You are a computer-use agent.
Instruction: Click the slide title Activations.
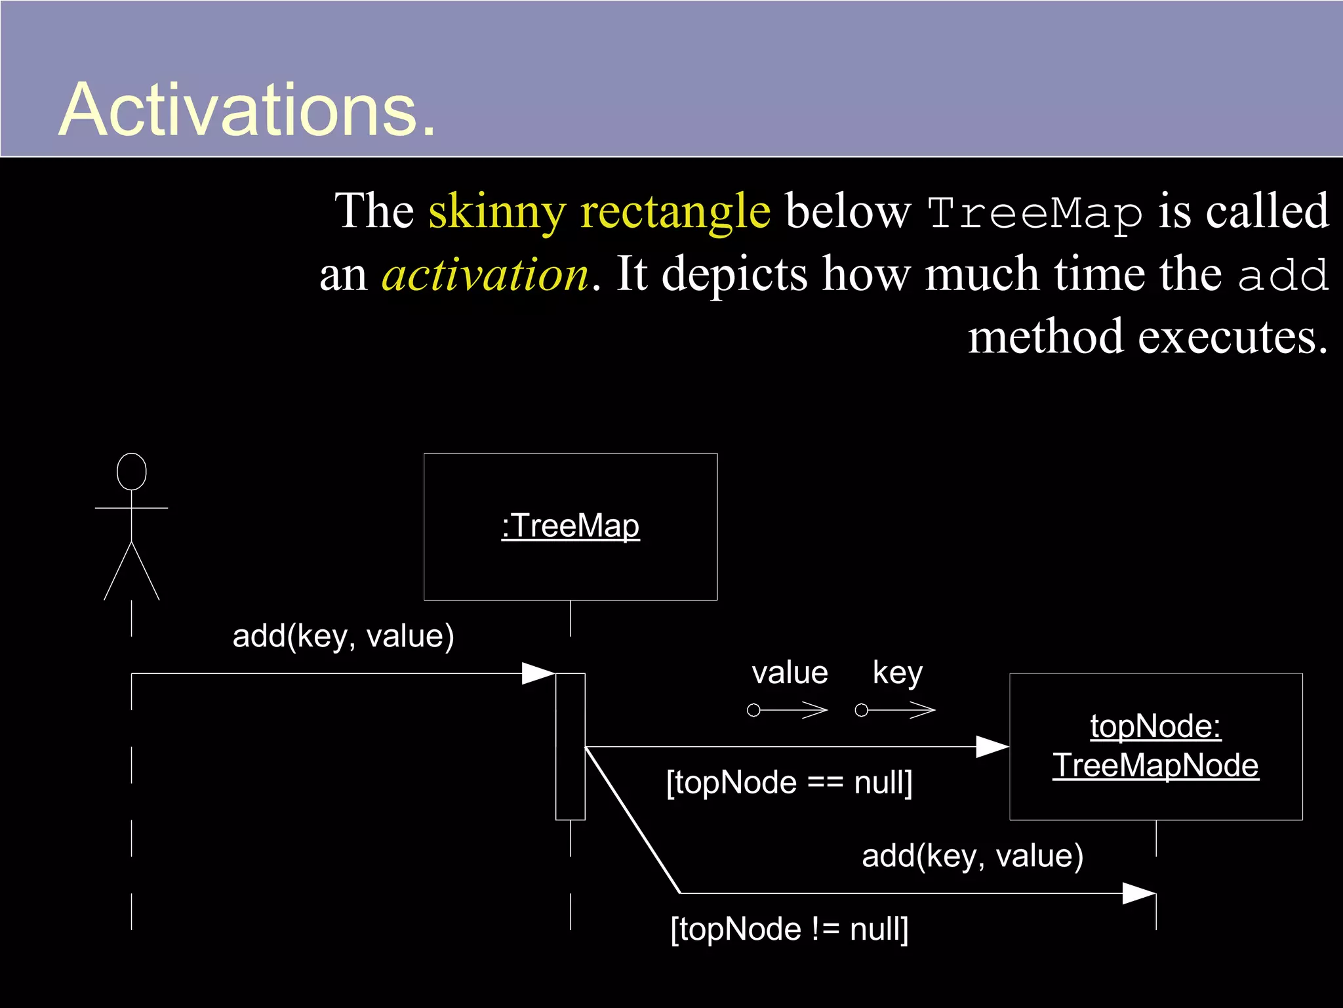247,110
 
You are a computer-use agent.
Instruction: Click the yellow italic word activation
485,274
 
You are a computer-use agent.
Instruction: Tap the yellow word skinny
496,211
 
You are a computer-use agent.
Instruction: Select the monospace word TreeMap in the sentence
1035,214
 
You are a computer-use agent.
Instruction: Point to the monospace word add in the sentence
1283,276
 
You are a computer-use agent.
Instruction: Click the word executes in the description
1233,337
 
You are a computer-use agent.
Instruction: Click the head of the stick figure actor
132,471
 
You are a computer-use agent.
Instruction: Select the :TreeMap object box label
571,526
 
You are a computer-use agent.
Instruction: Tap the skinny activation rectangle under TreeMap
571,746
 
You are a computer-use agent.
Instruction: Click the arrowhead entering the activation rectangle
539,673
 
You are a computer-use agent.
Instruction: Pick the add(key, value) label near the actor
343,636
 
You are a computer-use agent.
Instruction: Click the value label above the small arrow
790,673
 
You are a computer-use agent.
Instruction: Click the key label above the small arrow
897,673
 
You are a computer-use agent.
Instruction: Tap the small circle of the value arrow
754,710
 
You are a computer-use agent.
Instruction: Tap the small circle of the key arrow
862,710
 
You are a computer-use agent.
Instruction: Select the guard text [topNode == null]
789,783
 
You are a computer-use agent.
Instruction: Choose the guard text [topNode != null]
789,929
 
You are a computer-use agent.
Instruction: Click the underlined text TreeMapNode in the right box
1155,766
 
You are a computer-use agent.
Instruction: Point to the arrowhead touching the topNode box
993,747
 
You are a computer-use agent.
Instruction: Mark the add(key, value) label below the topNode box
972,856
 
